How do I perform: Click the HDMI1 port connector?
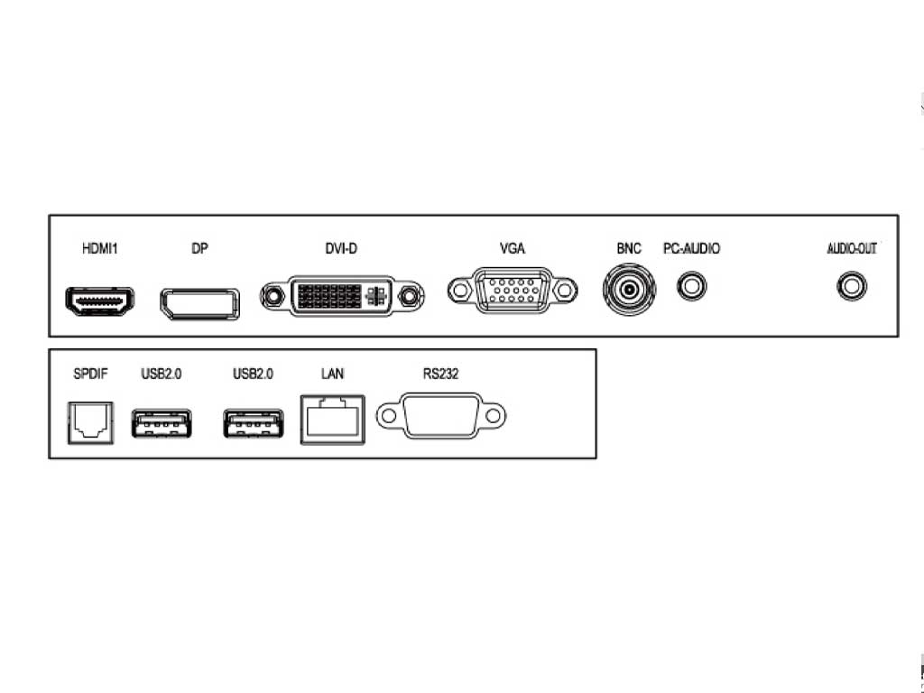tap(99, 301)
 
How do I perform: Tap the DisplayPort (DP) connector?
tap(199, 304)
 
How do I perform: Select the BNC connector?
tap(629, 290)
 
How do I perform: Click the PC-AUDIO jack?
tap(692, 286)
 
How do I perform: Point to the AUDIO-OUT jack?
tap(852, 286)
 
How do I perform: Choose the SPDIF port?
tap(91, 422)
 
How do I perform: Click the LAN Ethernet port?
tap(332, 420)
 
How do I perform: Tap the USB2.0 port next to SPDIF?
tap(162, 423)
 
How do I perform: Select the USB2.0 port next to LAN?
tap(254, 423)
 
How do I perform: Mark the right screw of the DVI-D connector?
tap(409, 296)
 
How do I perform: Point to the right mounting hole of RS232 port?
tap(494, 416)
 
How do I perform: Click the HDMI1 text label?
tap(99, 249)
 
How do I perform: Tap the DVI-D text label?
tap(341, 249)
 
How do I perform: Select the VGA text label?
tap(513, 249)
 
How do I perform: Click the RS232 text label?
tap(440, 374)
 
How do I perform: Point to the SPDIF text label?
tap(91, 374)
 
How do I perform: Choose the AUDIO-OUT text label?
tap(852, 249)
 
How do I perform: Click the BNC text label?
tap(629, 249)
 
